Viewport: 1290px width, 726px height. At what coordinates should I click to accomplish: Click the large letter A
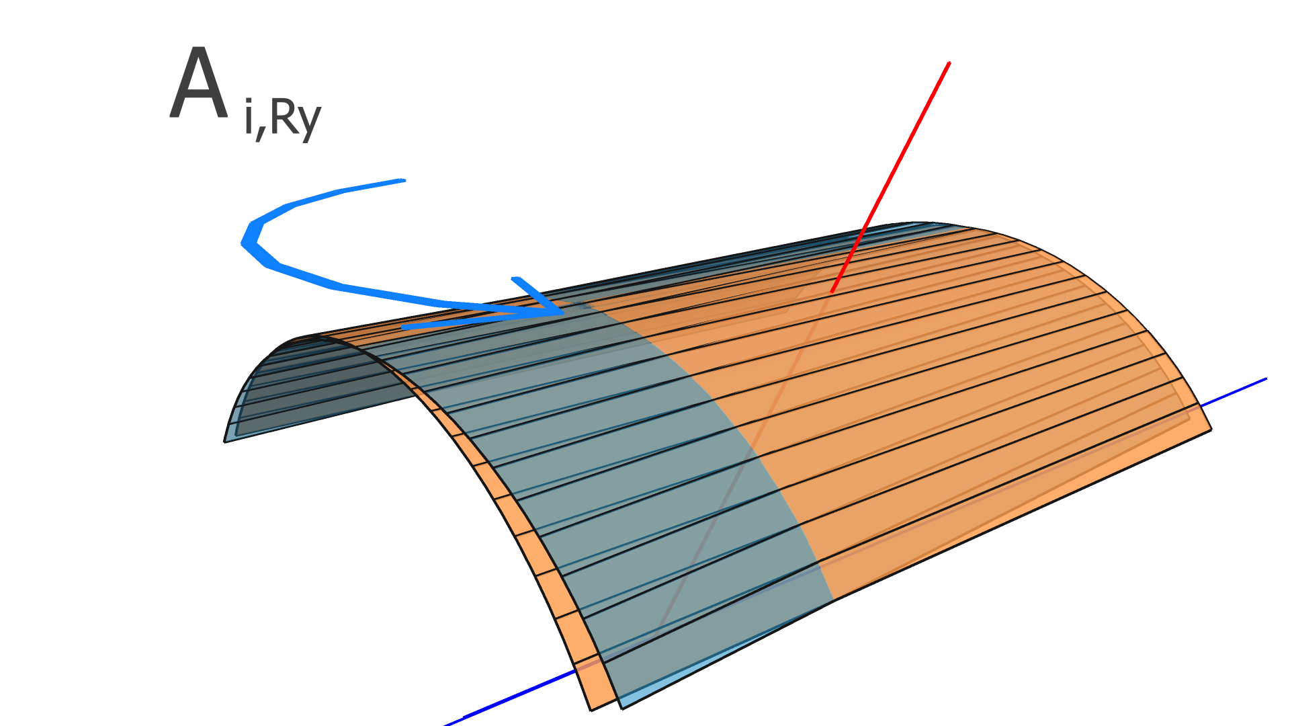198,86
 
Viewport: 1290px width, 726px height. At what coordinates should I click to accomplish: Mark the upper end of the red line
949,63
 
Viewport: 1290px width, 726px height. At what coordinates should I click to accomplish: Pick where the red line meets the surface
832,292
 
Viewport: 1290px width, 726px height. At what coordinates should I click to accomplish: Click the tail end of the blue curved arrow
403,180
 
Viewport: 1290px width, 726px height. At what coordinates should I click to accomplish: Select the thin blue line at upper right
1236,391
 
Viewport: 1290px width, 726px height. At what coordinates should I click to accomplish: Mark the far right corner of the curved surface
1211,429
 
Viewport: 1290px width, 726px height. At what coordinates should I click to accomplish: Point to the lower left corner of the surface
225,441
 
